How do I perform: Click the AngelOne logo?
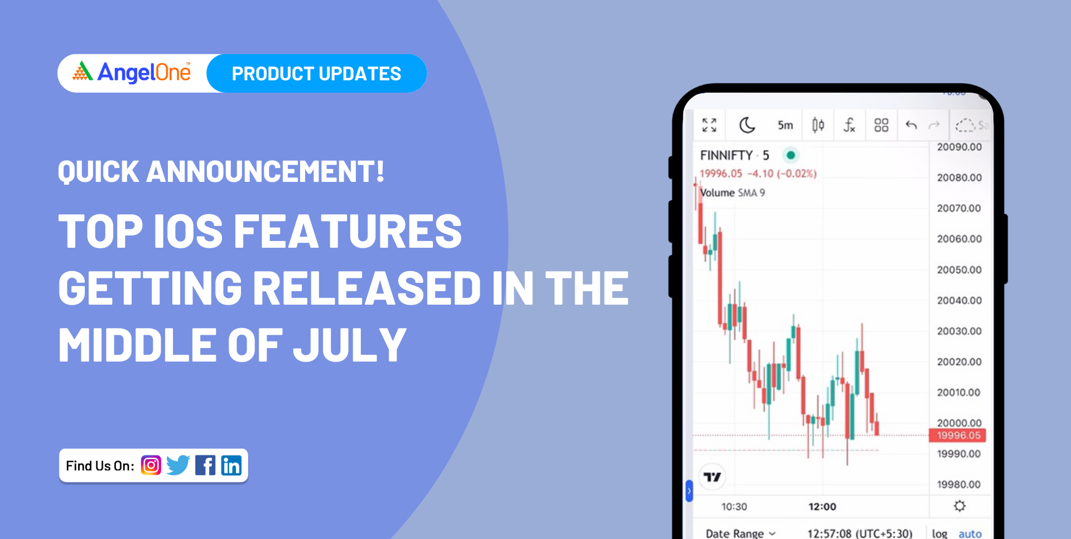tap(132, 73)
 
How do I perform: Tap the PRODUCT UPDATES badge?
tap(316, 73)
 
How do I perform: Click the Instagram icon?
tap(151, 465)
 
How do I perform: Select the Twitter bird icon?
tap(178, 465)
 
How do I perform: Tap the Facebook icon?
tap(205, 465)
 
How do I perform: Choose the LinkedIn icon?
tap(231, 465)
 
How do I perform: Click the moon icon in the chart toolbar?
tap(747, 125)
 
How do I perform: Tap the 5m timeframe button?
tap(785, 125)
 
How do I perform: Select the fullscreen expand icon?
tap(710, 125)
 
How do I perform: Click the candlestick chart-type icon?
tap(818, 125)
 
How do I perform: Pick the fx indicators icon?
tap(849, 125)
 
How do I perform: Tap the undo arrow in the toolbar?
tap(911, 124)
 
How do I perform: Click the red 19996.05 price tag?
tap(958, 435)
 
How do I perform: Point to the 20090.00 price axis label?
tap(959, 147)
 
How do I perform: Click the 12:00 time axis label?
tap(822, 507)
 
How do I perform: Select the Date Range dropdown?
tap(741, 533)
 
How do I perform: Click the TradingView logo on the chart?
tap(712, 477)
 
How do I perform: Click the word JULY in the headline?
tap(350, 345)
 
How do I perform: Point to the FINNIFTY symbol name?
tap(726, 155)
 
